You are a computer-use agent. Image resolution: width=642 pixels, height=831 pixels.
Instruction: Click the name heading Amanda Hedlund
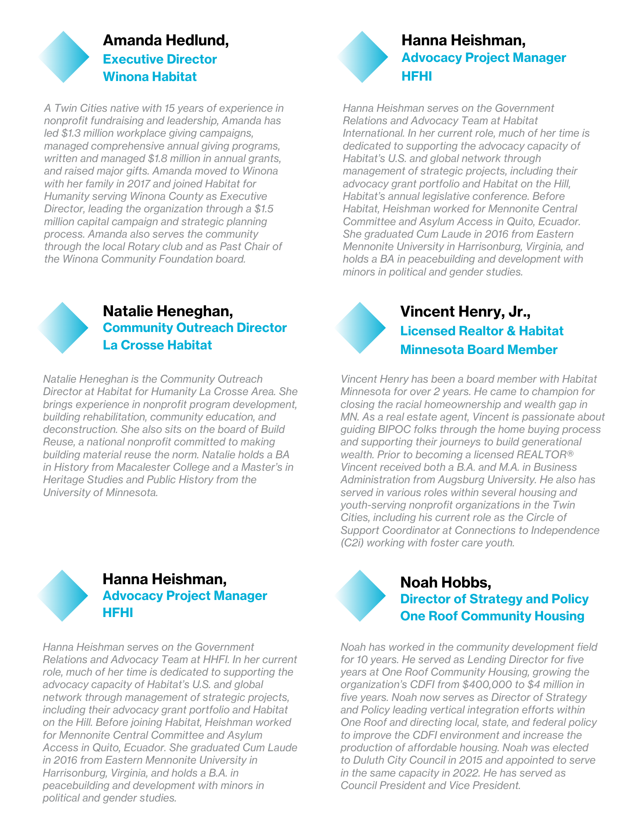pos(165,40)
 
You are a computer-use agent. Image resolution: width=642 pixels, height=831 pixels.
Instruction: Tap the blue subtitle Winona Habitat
pos(150,77)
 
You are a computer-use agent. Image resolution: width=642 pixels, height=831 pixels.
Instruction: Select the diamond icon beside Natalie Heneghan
pos(63,328)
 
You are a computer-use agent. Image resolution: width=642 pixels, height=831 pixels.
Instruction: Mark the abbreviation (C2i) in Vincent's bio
pos(352,543)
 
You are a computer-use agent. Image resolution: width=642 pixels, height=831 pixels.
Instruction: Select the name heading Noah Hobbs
pos(445,583)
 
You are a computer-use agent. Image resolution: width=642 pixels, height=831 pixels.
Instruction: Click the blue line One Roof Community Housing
pos(492,616)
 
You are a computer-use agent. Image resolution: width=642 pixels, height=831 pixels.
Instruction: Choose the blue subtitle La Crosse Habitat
pos(157,345)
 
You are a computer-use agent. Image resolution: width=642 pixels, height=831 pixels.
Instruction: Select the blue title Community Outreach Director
pos(194,328)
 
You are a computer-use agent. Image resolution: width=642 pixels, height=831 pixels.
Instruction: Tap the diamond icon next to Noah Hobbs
pos(360,595)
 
